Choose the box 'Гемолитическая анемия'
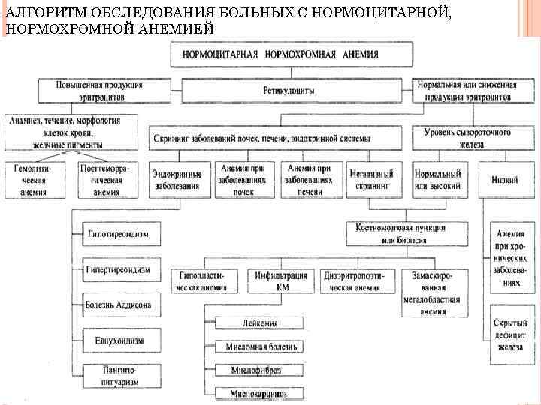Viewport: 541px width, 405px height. [31, 181]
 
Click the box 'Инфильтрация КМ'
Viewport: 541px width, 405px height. [282, 280]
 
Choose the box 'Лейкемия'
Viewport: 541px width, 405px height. [258, 323]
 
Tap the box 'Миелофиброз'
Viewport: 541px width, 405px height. [258, 370]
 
